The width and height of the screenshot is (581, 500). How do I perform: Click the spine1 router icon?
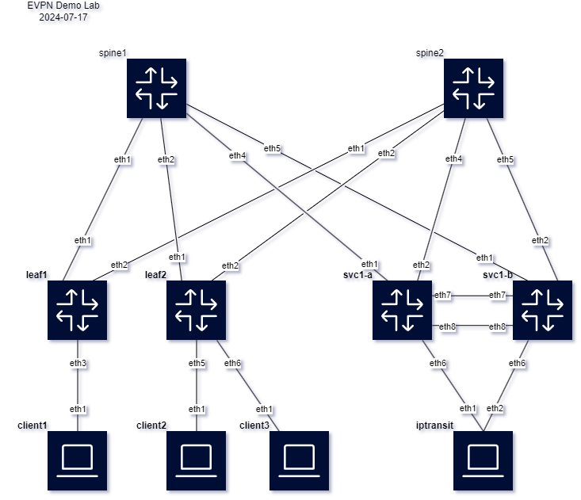156,88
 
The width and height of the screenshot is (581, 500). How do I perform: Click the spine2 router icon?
472,88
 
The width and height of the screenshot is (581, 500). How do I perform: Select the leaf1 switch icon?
77,310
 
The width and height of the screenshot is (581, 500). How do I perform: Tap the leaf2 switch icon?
196,310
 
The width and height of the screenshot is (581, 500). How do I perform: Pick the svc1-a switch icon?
403,310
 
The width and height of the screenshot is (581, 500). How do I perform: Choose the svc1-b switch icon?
543,310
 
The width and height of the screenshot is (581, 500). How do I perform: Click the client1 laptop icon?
77,460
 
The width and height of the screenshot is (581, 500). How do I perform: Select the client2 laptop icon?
196,460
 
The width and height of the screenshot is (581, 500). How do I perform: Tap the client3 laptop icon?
299,460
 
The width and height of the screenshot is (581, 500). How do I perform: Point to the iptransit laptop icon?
484,460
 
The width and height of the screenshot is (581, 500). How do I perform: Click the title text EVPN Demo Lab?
63,6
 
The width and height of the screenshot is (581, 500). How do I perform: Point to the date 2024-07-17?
63,17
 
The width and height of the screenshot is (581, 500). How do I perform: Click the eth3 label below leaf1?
77,364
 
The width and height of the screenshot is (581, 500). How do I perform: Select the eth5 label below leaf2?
197,364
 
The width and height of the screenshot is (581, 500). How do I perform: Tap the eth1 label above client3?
264,409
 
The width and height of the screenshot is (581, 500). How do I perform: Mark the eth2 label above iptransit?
495,408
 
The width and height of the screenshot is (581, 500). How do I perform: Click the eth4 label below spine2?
453,159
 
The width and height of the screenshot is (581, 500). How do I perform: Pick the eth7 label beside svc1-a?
443,296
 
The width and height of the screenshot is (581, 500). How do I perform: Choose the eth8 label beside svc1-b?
497,326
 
